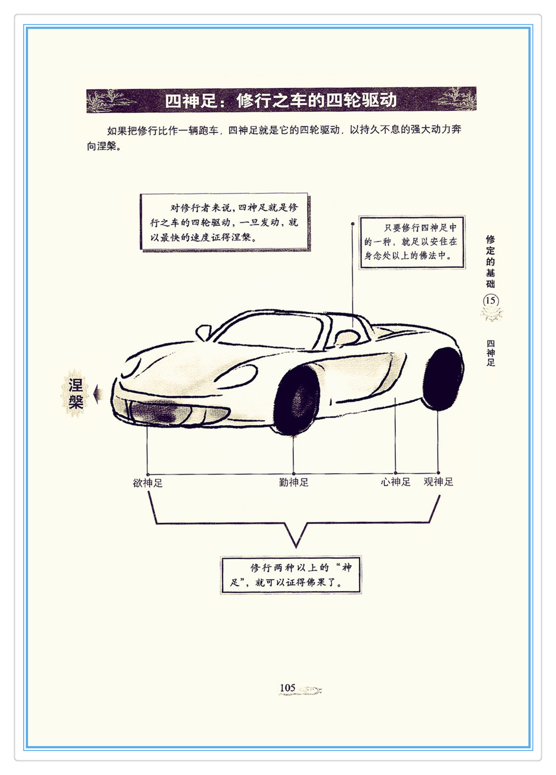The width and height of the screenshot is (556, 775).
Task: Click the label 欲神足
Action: pos(147,483)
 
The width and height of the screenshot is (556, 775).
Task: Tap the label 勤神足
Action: pos(294,482)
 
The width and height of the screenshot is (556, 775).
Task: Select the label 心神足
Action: pos(395,482)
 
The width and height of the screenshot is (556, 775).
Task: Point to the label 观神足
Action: pos(439,482)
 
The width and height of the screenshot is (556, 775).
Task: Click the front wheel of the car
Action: pos(297,401)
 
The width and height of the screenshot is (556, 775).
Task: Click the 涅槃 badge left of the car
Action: pos(75,394)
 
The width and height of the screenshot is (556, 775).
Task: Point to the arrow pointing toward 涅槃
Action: pos(98,394)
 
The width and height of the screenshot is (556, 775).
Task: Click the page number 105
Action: pos(287,688)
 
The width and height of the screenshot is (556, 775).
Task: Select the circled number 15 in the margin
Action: pos(490,301)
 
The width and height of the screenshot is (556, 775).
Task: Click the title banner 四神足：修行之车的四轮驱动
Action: pos(281,100)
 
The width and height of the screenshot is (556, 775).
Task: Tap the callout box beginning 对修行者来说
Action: pos(225,222)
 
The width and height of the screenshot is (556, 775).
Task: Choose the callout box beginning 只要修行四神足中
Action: pos(411,242)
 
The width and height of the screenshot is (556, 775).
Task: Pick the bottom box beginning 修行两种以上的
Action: pos(291,575)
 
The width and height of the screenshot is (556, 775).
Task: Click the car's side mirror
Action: pos(203,332)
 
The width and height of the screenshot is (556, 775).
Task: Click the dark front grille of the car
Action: pos(154,412)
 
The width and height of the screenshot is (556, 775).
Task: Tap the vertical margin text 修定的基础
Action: pos(490,261)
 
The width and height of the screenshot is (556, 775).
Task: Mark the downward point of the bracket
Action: pos(296,544)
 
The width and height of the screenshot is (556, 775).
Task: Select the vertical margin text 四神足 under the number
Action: pos(490,353)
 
